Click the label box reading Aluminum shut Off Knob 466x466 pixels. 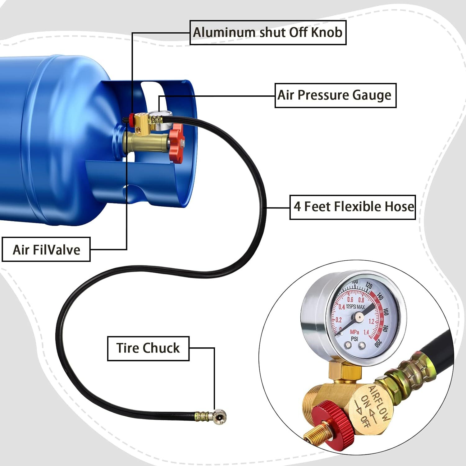268,33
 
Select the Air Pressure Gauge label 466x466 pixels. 335,95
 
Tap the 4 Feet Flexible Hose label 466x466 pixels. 353,207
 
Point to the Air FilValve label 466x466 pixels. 46,249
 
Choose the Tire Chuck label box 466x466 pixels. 148,348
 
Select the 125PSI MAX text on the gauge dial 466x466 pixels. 355,307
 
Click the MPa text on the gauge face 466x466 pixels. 354,332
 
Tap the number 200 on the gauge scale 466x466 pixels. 377,343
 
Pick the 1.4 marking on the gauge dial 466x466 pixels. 367,332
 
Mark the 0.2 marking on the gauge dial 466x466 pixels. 338,320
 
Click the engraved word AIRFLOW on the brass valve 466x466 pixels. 379,403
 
